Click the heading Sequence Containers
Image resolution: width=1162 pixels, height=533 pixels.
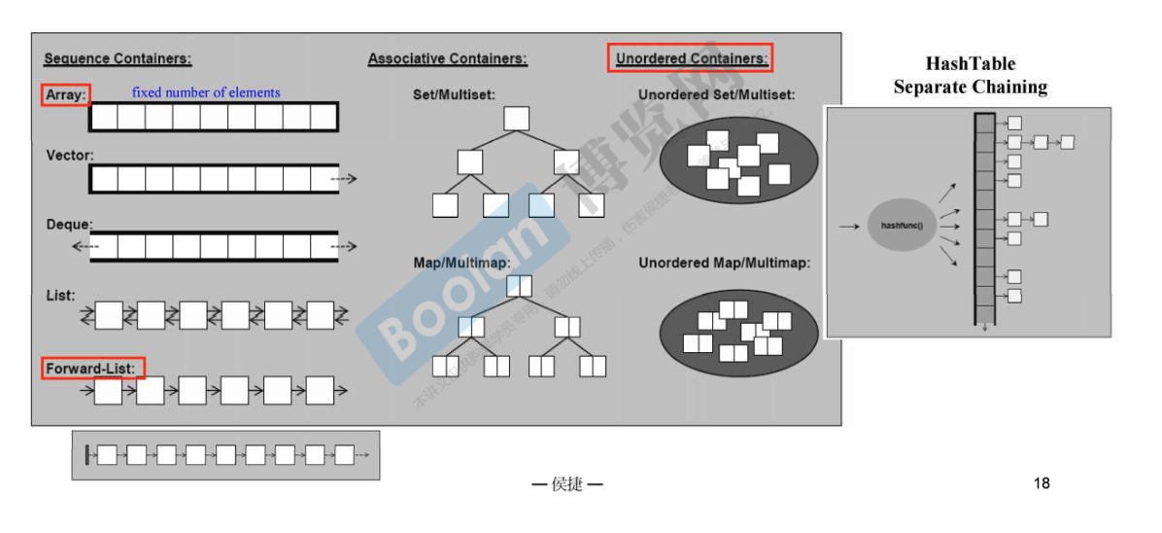pos(118,59)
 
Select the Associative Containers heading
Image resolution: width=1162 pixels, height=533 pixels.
pos(447,59)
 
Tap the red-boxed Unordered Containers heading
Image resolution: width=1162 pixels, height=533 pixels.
pos(690,59)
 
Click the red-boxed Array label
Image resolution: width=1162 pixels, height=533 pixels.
pos(66,95)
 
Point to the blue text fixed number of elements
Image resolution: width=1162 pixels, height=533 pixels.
pos(206,92)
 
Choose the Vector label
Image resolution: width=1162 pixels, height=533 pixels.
pos(70,155)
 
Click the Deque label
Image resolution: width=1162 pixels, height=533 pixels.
pos(69,225)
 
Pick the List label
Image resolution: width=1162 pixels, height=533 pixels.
pos(60,295)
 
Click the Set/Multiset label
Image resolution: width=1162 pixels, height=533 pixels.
pos(454,94)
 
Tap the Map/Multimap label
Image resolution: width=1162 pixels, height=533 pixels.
pos(461,263)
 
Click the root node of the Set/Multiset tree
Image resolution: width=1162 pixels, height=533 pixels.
pos(517,119)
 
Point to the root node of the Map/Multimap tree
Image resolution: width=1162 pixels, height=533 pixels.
pos(519,286)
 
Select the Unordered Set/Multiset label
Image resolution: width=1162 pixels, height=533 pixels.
pos(716,94)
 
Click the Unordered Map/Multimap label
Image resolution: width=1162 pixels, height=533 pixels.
pos(724,263)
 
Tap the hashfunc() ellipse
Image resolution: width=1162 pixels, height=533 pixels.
pos(902,226)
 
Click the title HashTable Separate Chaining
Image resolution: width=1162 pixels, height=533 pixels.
pos(970,76)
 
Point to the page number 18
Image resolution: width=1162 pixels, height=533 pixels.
pos(1042,483)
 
